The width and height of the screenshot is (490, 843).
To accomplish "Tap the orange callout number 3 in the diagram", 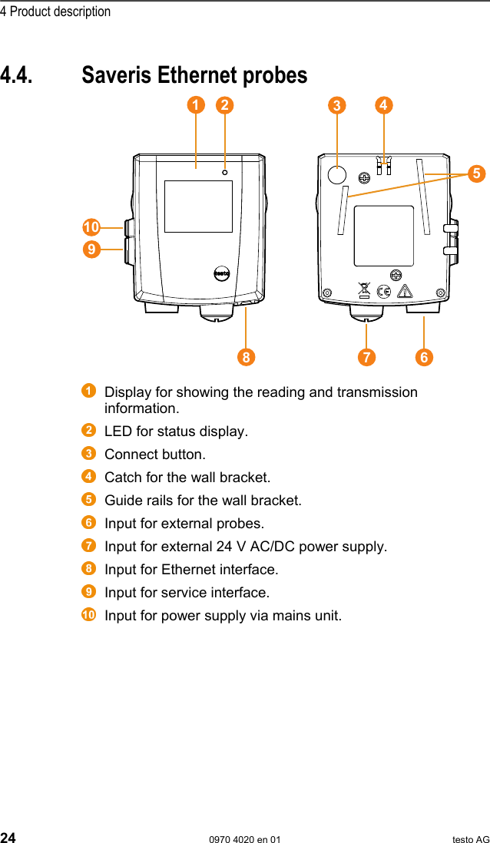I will [x=336, y=106].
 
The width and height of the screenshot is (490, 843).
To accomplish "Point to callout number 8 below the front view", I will [x=246, y=357].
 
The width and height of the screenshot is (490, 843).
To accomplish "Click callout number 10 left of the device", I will [x=91, y=227].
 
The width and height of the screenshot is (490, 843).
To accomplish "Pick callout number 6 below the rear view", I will [x=424, y=357].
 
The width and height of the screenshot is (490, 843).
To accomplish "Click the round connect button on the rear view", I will [x=336, y=174].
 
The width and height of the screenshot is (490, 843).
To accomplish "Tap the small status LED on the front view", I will [x=224, y=172].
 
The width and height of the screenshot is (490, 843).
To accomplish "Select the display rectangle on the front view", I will [x=198, y=207].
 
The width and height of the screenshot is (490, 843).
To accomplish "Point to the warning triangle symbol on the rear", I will [x=404, y=291].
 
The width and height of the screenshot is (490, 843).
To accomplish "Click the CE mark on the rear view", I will [x=384, y=291].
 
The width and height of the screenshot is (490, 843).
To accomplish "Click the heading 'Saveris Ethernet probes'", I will [x=194, y=75].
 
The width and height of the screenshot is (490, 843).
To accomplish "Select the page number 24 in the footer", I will [x=8, y=838].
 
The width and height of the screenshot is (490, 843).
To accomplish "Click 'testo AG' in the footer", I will [x=470, y=839].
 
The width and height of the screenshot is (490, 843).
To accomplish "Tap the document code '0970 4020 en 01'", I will [x=245, y=839].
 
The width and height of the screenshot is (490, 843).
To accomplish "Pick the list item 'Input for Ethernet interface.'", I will [x=191, y=570].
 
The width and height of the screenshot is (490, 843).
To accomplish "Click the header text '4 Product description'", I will [x=55, y=12].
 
